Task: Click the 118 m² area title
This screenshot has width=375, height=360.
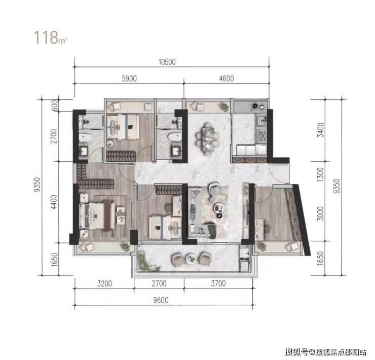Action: coord(50,38)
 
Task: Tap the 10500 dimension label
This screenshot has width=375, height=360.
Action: coord(167,62)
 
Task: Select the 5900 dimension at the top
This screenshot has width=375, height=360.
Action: coord(129,79)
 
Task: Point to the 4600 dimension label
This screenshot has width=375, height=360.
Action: coord(227,79)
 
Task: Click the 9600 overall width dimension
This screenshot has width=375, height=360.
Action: coord(161,300)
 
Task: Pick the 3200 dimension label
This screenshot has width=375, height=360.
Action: coord(104,283)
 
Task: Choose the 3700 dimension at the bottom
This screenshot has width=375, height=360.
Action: coord(218,283)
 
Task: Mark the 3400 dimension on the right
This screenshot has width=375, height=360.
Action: coord(320,130)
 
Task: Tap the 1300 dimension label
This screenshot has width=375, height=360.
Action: coord(320,174)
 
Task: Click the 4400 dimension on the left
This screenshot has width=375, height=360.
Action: coord(54,202)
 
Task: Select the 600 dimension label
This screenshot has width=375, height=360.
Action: coord(55,105)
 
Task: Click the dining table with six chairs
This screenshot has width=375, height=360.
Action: coord(208,139)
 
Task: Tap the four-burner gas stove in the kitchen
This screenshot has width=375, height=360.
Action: coord(262,136)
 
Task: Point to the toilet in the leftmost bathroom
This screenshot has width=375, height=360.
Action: coord(85,137)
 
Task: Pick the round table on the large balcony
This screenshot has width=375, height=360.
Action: coord(192,259)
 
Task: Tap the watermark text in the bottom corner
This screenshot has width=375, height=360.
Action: coord(326,352)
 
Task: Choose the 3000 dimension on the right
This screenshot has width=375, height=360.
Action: coord(320,213)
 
